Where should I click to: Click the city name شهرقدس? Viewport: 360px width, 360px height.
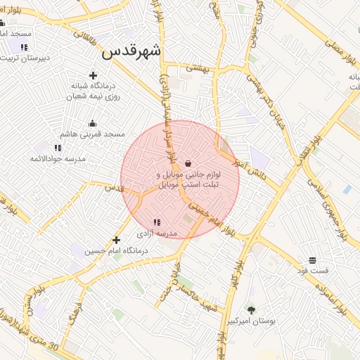131,51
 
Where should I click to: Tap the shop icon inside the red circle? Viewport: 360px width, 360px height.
188,162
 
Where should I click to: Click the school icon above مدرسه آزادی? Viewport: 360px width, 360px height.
156,222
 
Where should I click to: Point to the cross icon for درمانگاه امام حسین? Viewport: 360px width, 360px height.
117,240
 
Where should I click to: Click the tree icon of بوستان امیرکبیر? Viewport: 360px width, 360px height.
251,309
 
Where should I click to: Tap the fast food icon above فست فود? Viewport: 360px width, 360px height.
312,260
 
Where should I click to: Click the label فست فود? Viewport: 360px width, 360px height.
312,270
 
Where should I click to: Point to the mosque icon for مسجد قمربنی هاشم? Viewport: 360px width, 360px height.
92,123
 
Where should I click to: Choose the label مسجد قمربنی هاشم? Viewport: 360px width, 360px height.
92,134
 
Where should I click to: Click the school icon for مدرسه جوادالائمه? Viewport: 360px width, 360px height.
58,148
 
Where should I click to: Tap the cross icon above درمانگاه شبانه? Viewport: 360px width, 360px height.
93,75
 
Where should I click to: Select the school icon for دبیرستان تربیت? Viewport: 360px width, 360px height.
24,47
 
